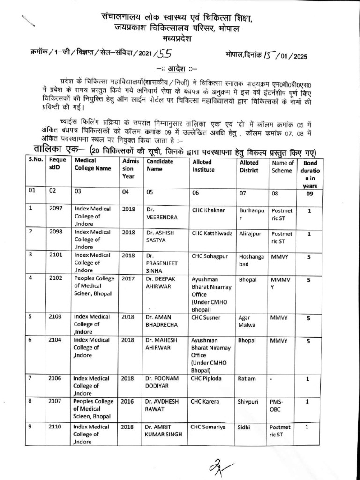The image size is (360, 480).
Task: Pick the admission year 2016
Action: click(x=127, y=401)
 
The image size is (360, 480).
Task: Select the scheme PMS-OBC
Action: click(x=277, y=405)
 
